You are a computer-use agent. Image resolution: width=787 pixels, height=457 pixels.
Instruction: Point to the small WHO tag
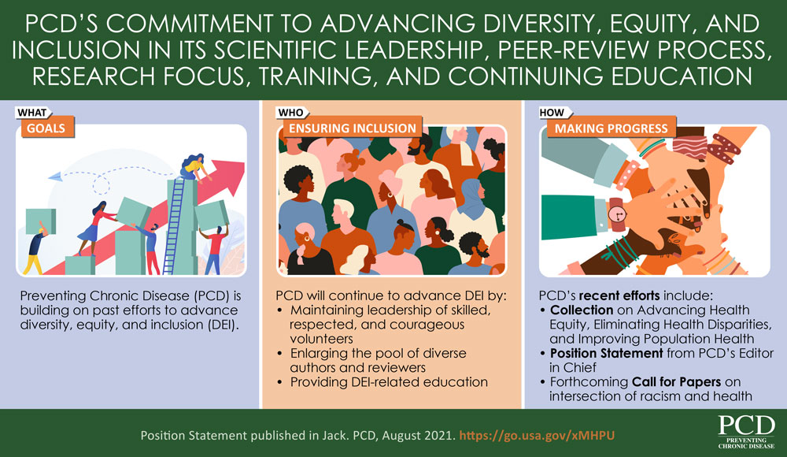click(290, 113)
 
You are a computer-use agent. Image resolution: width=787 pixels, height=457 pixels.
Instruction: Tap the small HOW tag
click(551, 113)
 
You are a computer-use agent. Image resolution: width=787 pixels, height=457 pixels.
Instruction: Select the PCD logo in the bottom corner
click(745, 432)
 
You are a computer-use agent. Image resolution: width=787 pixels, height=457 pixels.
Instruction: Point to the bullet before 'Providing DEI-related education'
click(283, 382)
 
